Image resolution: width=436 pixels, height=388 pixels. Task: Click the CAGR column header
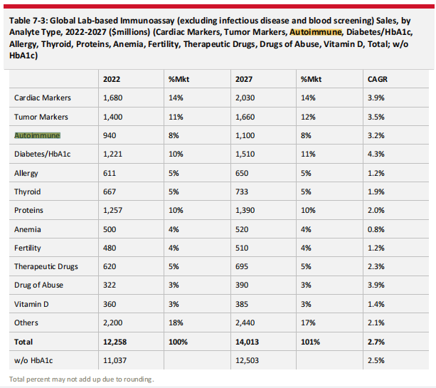[x=376, y=78]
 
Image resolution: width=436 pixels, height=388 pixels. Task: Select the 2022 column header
[x=111, y=78]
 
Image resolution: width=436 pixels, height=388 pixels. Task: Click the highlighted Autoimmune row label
[x=38, y=135]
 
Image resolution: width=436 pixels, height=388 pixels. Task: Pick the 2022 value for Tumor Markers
[x=114, y=116]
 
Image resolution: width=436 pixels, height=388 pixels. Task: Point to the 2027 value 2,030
[x=246, y=98]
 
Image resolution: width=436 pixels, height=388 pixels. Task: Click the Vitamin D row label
[x=31, y=305]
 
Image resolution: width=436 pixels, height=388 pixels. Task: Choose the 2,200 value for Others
[x=114, y=323]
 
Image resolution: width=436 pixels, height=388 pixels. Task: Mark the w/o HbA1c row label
[x=33, y=360]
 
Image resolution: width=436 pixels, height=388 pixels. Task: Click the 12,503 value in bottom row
[x=248, y=360]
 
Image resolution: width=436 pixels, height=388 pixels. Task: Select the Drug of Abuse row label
[x=38, y=285]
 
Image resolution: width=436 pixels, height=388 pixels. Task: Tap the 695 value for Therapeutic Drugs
[x=243, y=267]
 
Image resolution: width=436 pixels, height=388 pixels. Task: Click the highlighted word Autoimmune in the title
[x=316, y=32]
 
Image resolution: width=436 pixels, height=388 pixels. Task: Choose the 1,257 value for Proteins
[x=114, y=211]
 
